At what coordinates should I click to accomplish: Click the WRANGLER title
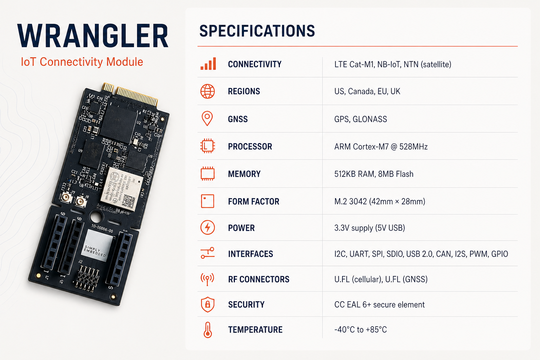pos(93,36)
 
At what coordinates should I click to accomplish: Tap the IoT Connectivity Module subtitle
pos(82,62)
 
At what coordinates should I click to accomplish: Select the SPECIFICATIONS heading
pos(257,31)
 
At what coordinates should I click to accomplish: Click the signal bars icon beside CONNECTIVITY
pos(208,64)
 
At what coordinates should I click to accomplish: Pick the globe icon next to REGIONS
pos(207,91)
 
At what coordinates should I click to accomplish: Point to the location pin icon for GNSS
pos(207,118)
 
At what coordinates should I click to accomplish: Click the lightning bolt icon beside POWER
pos(207,227)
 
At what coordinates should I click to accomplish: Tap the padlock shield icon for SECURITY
pos(207,304)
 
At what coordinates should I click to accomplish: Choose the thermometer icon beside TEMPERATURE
pos(208,330)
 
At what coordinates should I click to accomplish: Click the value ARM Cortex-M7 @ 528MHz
pos(381,147)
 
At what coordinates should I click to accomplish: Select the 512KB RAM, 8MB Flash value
pos(374,174)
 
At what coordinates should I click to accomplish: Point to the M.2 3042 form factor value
pos(380,201)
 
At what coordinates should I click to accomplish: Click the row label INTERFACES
pos(250,254)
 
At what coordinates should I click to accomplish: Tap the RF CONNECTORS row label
pos(258,279)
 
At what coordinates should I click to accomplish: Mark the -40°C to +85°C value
pos(360,330)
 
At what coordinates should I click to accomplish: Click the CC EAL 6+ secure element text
pos(379,304)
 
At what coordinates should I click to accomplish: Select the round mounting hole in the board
pos(96,216)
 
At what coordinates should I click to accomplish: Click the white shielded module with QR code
pos(121,189)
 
